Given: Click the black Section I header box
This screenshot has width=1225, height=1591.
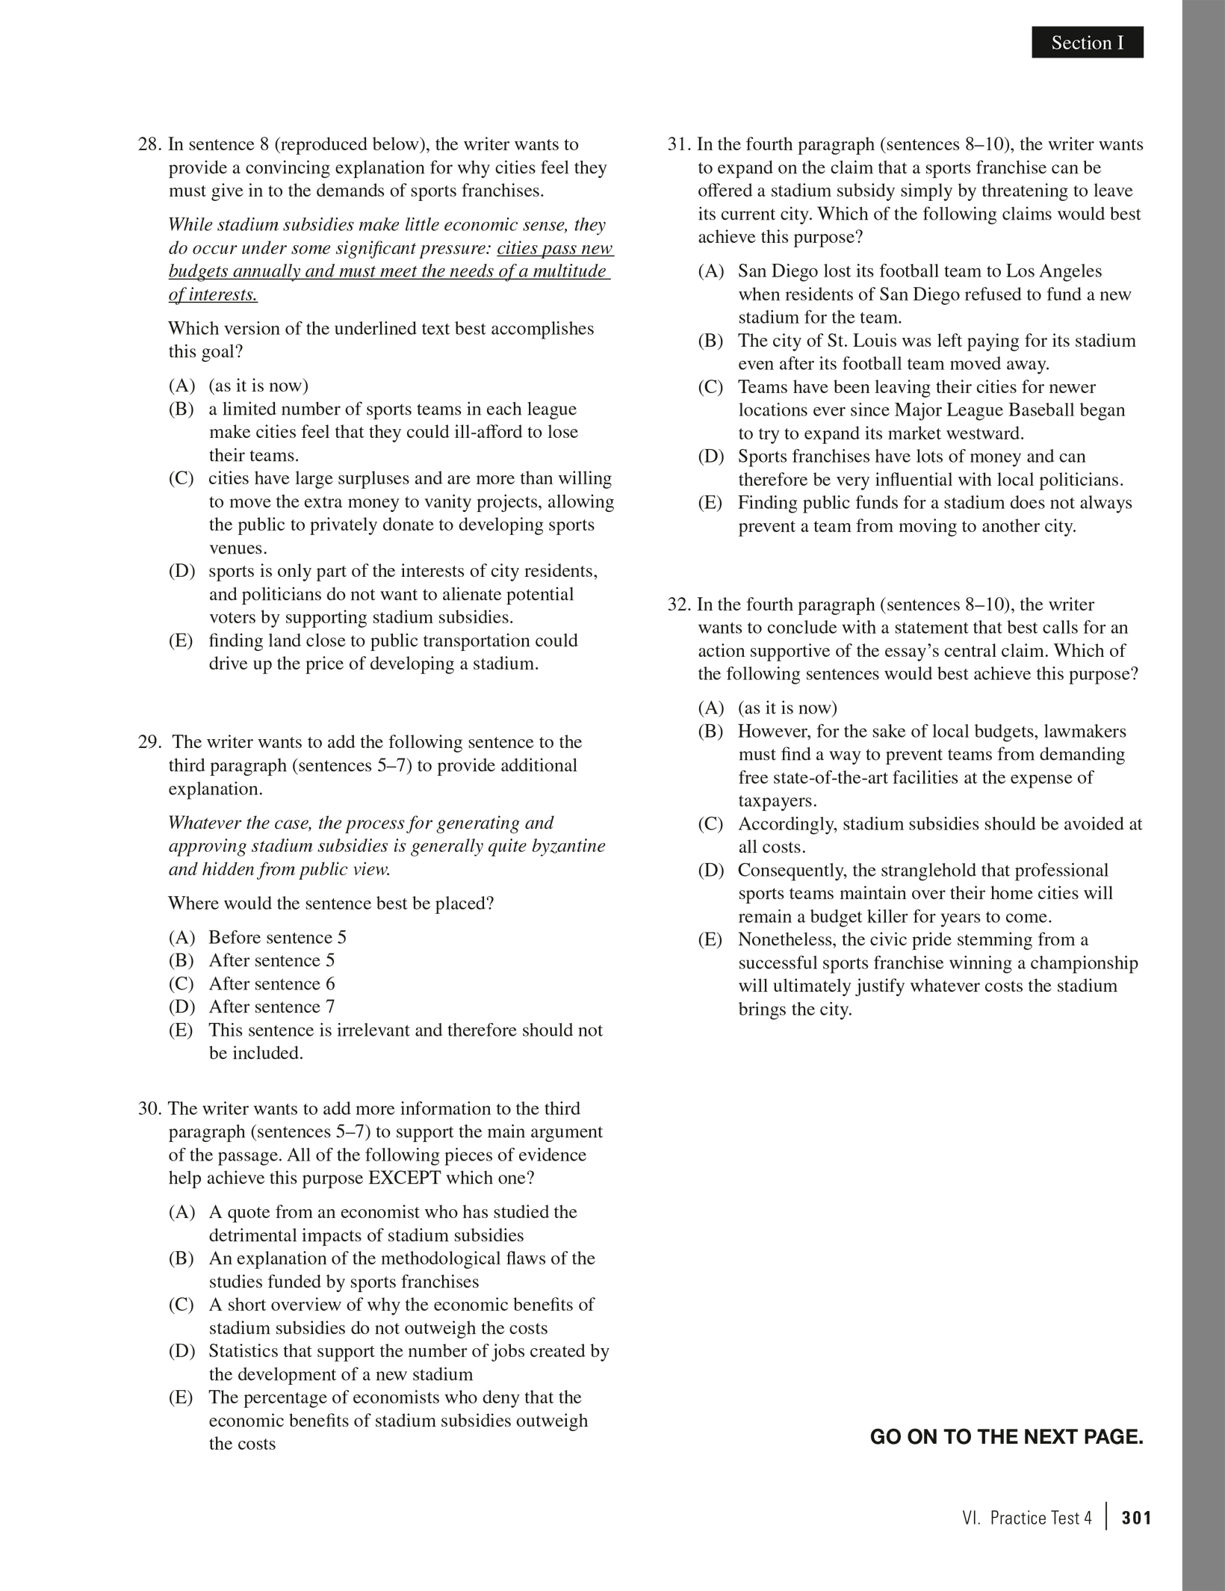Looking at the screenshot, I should pyautogui.click(x=1087, y=43).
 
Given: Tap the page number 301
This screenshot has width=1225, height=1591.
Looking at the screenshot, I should pyautogui.click(x=1136, y=1518).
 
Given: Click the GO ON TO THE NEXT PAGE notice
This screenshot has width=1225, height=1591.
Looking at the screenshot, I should pyautogui.click(x=1006, y=1436).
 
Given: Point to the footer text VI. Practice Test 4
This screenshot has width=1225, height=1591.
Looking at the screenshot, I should pyautogui.click(x=1027, y=1518).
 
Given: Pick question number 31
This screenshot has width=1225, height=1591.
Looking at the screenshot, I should pyautogui.click(x=679, y=144).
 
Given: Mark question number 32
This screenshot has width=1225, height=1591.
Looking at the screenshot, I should pyautogui.click(x=679, y=604).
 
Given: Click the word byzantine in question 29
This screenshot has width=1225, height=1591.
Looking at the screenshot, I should pyautogui.click(x=569, y=846).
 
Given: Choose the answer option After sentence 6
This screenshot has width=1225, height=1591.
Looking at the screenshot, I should pyautogui.click(x=271, y=983).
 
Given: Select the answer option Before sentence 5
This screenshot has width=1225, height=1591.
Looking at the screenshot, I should pyautogui.click(x=277, y=937).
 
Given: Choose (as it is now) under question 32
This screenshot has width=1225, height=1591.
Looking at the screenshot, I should pyautogui.click(x=787, y=708).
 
